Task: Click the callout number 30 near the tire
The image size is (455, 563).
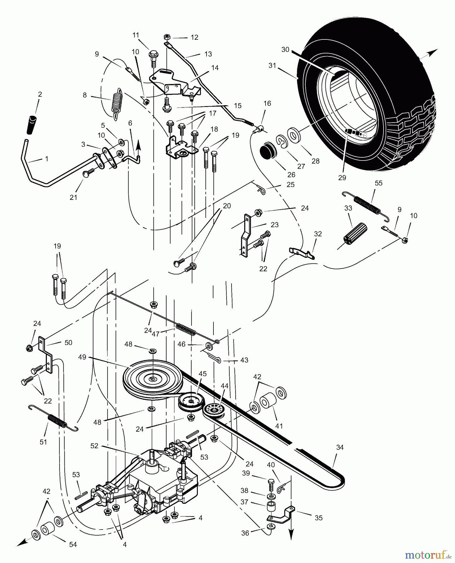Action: (x=285, y=50)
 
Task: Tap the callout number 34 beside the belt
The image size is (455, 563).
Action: (x=340, y=448)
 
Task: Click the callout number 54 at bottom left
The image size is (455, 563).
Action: (x=73, y=545)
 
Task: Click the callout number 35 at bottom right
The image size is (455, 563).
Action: (x=318, y=518)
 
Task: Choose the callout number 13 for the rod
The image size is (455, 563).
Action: (x=208, y=54)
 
